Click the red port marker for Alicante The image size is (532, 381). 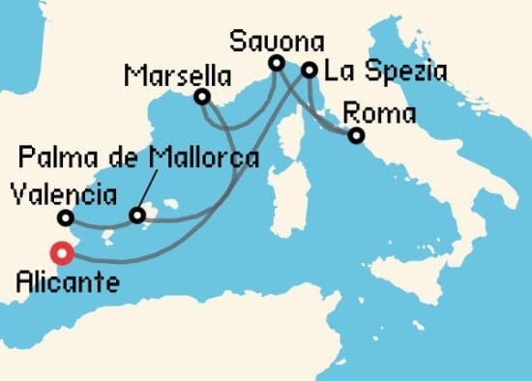63,253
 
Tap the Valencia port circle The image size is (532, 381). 65,218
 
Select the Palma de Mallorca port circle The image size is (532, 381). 137,215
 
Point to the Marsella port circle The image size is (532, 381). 202,97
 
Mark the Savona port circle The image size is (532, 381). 276,64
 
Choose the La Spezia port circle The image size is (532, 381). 309,70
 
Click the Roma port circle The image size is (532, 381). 356,136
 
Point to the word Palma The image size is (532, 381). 58,158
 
